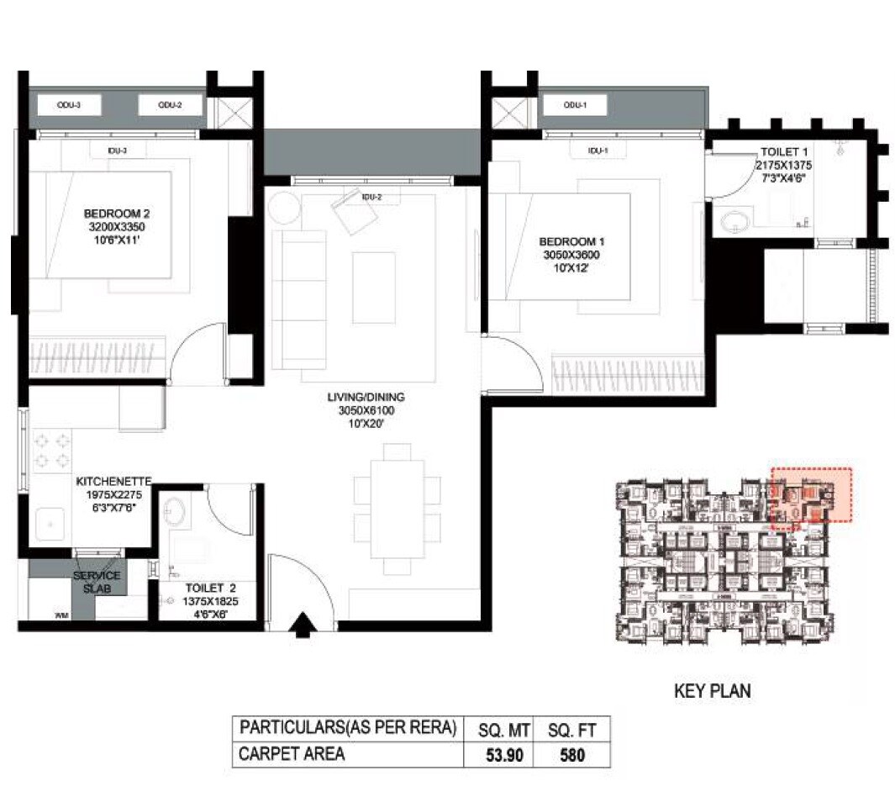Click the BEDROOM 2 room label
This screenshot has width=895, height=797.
pyautogui.click(x=116, y=214)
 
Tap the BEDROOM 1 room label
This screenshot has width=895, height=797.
pyautogui.click(x=571, y=241)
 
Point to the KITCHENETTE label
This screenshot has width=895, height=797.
pyautogui.click(x=113, y=482)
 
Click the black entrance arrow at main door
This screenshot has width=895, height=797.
pyautogui.click(x=303, y=625)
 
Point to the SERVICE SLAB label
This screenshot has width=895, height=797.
pyautogui.click(x=97, y=582)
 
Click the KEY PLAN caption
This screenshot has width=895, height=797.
pyautogui.click(x=713, y=691)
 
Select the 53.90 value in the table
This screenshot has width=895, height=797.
pyautogui.click(x=504, y=755)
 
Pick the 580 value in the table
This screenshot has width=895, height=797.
pyautogui.click(x=572, y=755)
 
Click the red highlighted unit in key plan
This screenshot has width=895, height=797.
pyautogui.click(x=811, y=495)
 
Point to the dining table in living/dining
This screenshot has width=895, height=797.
pyautogui.click(x=397, y=509)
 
